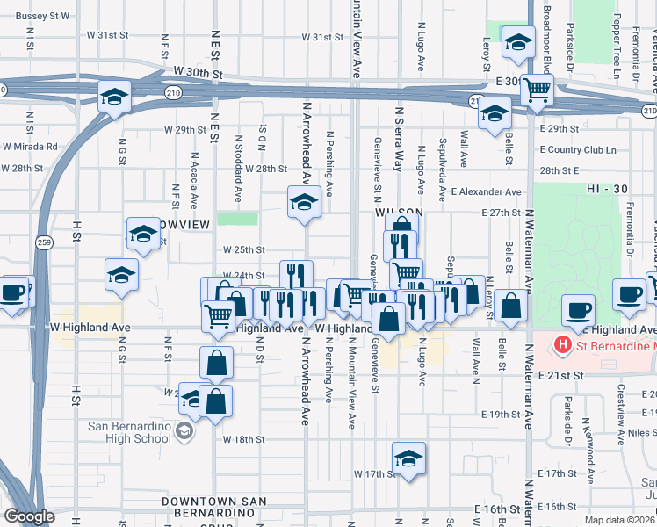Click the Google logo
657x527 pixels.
click(x=30, y=516)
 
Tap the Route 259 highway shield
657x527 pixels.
click(x=43, y=242)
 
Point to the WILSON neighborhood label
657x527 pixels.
click(x=400, y=213)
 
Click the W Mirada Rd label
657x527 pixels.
click(x=29, y=147)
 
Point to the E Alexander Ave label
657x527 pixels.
click(x=486, y=191)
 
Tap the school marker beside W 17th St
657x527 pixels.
click(x=408, y=458)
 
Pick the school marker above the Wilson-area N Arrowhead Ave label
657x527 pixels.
click(x=304, y=202)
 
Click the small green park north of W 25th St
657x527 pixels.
click(x=237, y=218)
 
